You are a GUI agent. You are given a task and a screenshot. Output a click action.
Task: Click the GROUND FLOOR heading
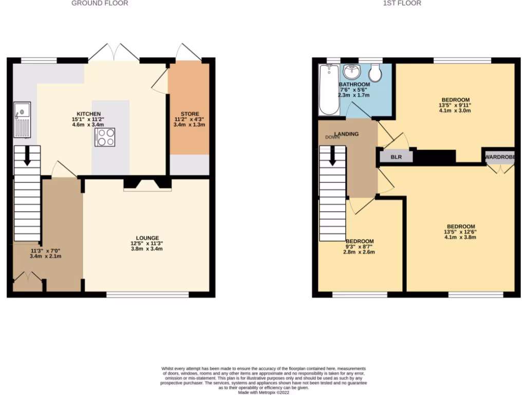tap(100, 3)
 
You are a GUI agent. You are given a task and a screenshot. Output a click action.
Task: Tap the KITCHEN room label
tap(89, 114)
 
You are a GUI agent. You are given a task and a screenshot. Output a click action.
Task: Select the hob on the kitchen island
tap(105, 137)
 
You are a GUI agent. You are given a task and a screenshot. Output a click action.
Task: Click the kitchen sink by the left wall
tap(23, 120)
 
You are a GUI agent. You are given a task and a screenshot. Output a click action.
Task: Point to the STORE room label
tap(190, 114)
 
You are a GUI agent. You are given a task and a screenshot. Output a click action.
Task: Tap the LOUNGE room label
tap(147, 238)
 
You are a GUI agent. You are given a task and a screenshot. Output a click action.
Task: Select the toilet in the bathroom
tap(375, 73)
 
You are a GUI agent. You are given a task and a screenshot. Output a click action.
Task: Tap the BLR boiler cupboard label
tap(396, 157)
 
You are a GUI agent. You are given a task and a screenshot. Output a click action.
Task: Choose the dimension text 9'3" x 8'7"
tap(359, 247)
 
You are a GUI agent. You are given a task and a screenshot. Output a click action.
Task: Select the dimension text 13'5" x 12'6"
tap(461, 232)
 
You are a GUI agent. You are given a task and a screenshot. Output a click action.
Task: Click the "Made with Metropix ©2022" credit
tap(263, 392)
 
